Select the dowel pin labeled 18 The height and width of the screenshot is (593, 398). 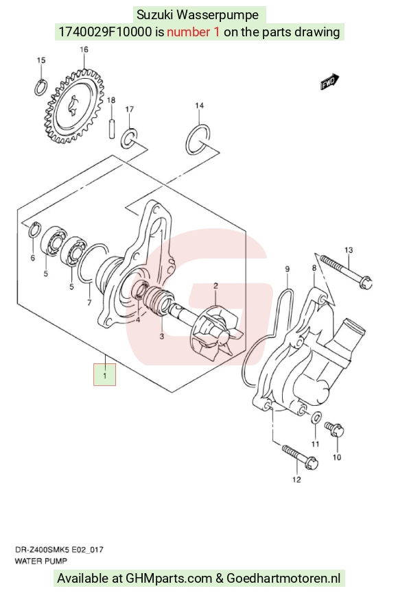click(x=112, y=129)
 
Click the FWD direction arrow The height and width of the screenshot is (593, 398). click(x=329, y=82)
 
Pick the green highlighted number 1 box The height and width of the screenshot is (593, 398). click(x=104, y=375)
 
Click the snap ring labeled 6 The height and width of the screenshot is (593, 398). click(x=34, y=230)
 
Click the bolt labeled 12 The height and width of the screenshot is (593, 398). click(x=299, y=457)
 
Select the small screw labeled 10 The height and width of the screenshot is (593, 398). click(x=334, y=429)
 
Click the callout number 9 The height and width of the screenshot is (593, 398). click(x=288, y=269)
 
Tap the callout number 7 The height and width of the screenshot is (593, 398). click(x=89, y=302)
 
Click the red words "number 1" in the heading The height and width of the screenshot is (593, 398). click(x=193, y=32)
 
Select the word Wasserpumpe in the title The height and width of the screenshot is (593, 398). click(x=218, y=15)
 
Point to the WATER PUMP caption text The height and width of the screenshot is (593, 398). click(x=41, y=561)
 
